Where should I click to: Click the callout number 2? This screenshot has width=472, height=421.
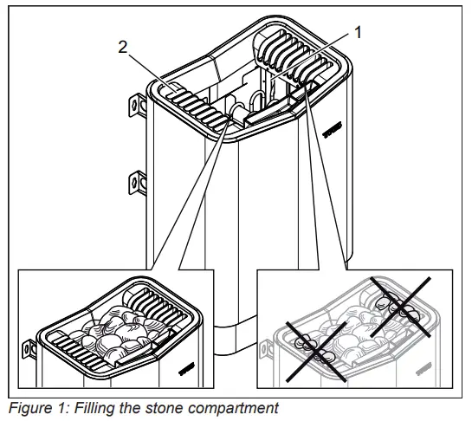click(122, 48)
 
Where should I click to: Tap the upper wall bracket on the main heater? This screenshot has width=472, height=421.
click(136, 105)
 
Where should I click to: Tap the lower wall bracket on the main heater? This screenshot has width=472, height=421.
click(136, 182)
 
